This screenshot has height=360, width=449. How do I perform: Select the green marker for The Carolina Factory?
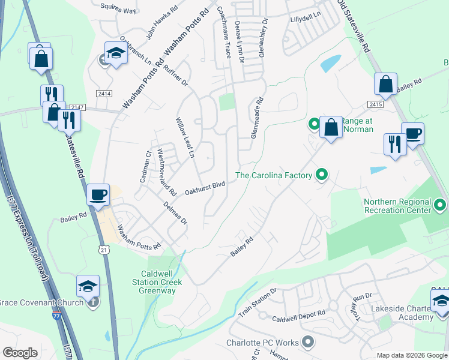322,175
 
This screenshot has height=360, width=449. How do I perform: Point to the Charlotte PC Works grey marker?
308,343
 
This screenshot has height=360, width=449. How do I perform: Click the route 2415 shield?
376,104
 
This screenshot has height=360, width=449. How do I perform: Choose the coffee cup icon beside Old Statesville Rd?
413,134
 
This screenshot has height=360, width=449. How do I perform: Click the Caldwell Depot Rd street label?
298,314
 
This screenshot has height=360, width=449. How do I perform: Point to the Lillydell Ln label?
306,19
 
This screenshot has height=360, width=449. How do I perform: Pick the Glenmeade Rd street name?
257,118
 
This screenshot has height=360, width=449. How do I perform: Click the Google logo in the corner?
20,353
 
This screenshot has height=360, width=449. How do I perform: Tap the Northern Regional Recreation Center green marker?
441,206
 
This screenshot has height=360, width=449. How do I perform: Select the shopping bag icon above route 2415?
385,85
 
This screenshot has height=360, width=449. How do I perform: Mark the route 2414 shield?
104,94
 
